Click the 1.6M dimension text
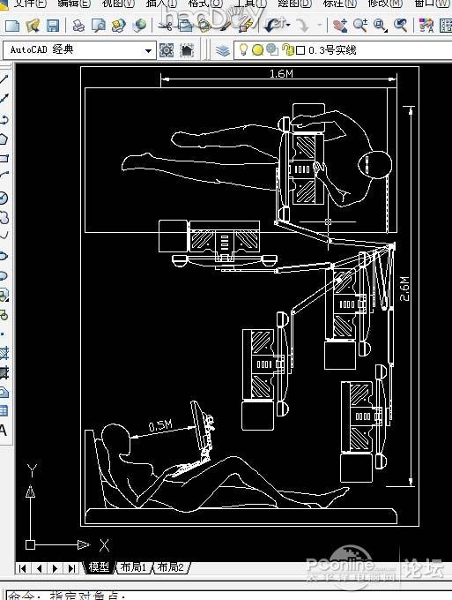pos(281,75)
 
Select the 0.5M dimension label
pos(160,426)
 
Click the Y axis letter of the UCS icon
pos(31,469)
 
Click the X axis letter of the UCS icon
pos(103,545)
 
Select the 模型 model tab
pos(99,567)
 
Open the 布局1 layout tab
pos(134,567)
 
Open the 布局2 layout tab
pos(169,567)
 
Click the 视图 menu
pos(117,4)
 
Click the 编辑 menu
pos(74,4)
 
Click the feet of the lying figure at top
pos(132,161)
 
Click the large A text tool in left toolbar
pos(4,431)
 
